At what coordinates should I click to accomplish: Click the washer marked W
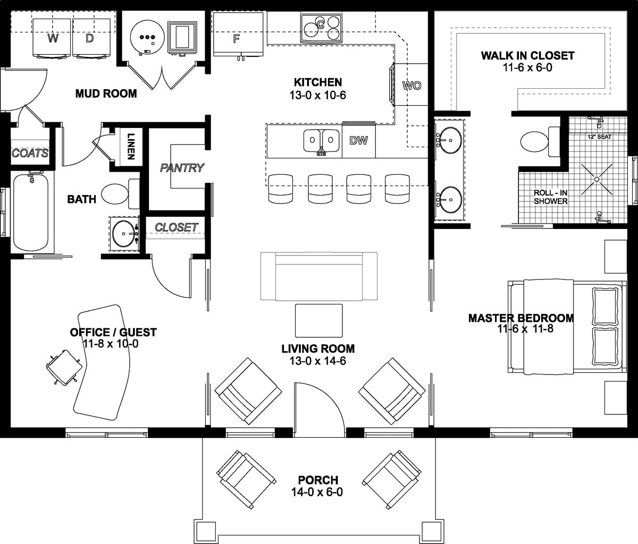point(52,37)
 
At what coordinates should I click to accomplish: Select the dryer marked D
point(90,37)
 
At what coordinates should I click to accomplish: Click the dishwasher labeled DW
point(359,141)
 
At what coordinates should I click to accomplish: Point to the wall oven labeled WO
point(411,85)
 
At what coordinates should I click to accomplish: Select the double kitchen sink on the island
point(322,140)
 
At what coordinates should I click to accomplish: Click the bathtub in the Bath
point(31,211)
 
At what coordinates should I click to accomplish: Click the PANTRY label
point(182,168)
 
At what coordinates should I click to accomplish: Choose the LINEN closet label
point(130,146)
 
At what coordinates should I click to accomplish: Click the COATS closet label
point(30,154)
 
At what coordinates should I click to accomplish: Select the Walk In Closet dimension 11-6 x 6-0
point(527,68)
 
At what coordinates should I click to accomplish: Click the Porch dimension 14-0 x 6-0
point(317,492)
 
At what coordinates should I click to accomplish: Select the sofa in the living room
point(319,276)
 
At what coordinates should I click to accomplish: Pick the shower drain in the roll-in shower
point(597,180)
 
